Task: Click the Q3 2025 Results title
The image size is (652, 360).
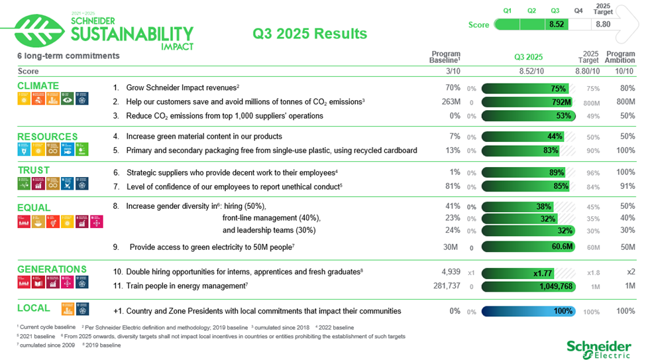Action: tap(310, 34)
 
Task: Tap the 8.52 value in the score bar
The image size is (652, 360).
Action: tap(556, 25)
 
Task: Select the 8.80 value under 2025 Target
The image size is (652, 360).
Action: tap(603, 25)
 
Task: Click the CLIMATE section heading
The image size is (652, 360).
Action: tap(38, 86)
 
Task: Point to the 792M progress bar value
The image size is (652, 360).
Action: tap(561, 102)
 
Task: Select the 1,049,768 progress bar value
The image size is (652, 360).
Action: tap(556, 286)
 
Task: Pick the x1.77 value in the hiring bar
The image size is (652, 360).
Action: tap(543, 272)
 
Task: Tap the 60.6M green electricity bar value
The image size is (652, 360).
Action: tap(562, 247)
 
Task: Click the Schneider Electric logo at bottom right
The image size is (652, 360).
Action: tap(598, 348)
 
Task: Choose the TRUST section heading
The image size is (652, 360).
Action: tap(34, 170)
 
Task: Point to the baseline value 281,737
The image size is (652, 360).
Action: tap(442, 286)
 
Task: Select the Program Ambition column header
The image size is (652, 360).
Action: tap(620, 57)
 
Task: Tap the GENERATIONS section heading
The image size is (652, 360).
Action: tap(52, 269)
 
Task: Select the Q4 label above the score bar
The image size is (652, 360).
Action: tap(578, 11)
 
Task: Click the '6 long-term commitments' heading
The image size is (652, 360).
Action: tap(68, 56)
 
